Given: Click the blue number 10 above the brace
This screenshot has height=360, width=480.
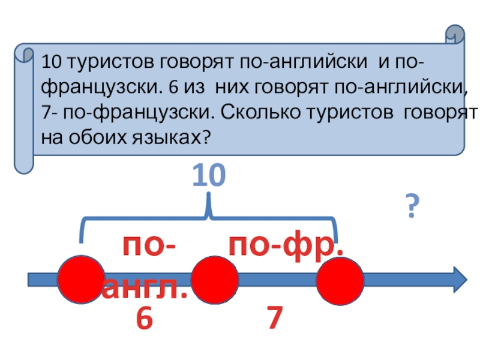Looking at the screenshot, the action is [208, 178].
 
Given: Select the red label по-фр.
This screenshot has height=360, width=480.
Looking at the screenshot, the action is [287, 247].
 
